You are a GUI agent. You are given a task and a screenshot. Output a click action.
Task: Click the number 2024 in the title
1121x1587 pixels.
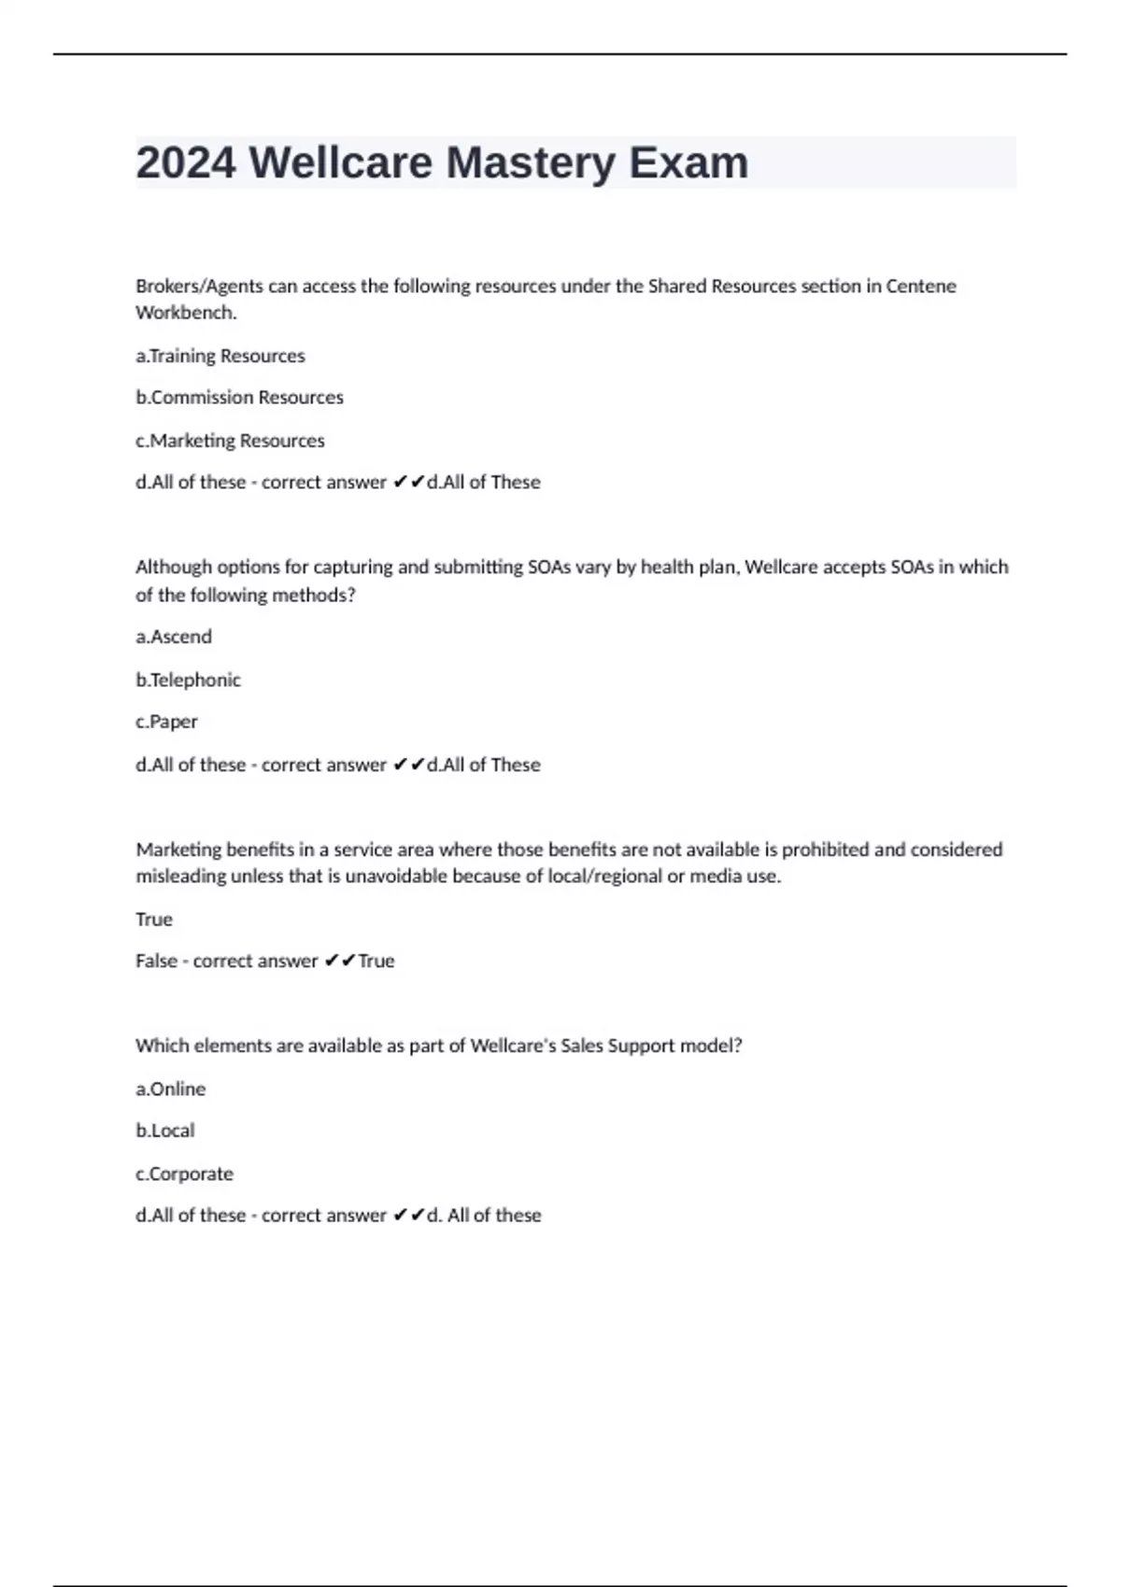tap(186, 163)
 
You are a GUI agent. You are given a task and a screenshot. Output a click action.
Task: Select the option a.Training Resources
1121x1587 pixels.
tap(220, 356)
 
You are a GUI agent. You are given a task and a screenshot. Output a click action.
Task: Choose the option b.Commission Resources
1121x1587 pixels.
tap(239, 398)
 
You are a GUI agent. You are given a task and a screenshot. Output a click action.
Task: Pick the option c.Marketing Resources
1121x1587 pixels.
tap(230, 441)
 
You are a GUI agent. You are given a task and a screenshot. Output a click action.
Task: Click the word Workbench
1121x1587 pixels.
tap(186, 313)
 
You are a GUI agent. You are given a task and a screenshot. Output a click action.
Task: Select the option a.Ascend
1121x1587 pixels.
tap(174, 637)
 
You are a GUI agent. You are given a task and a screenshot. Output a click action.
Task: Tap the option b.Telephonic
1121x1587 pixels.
tap(188, 680)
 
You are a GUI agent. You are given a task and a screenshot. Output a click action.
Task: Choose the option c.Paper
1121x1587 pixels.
tap(166, 722)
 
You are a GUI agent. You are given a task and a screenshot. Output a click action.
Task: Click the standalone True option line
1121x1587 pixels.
tap(154, 920)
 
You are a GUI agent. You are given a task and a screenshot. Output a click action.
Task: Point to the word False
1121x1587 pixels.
tap(156, 961)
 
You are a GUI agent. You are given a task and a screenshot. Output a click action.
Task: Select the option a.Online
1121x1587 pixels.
tap(170, 1088)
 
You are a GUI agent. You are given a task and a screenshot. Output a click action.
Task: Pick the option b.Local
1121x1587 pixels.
tap(165, 1131)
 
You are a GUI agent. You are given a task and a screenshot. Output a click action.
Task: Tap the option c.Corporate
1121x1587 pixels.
tap(184, 1173)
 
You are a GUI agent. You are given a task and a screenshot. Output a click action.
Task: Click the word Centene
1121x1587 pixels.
tap(920, 287)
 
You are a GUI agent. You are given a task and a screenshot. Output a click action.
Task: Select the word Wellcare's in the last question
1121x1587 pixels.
tap(512, 1046)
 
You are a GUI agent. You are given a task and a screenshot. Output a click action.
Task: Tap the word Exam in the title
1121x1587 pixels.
tap(688, 163)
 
